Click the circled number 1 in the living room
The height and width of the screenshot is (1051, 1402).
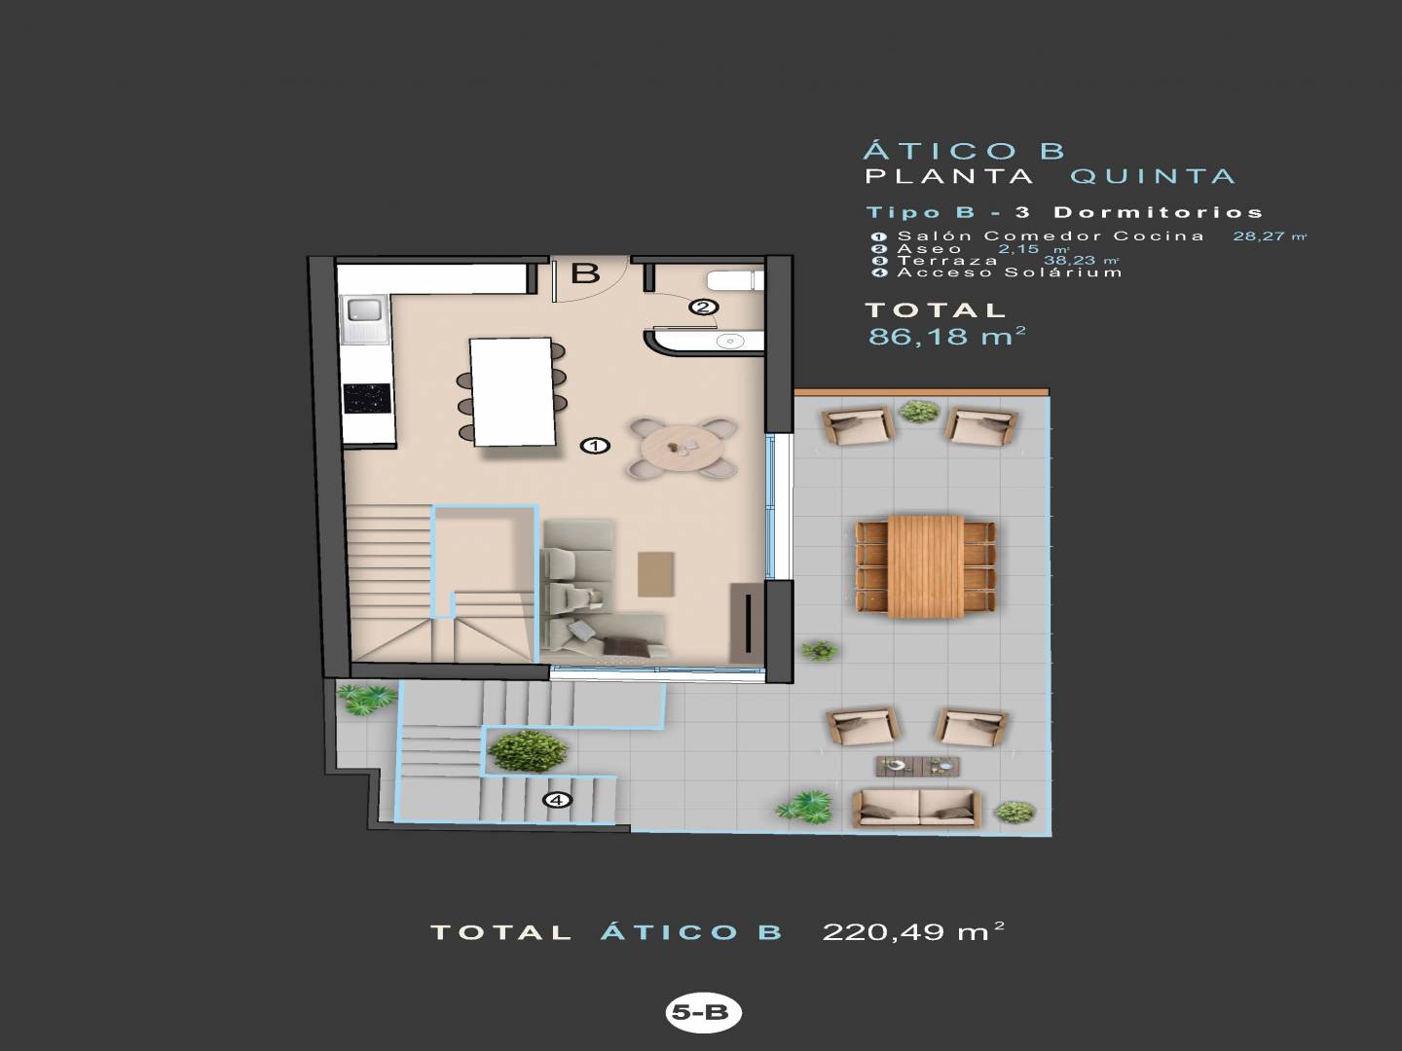point(595,446)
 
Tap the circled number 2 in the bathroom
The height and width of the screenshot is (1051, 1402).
point(703,307)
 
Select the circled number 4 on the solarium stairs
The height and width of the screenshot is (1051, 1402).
point(558,800)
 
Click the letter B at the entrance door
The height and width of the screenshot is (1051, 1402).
point(585,272)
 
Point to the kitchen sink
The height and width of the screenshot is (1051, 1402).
point(364,318)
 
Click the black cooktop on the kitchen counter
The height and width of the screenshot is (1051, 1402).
point(367,399)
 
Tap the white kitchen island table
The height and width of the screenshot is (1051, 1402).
point(512,391)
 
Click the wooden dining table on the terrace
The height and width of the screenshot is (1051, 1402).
point(926,566)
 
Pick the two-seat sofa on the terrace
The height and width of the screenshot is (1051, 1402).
point(916,810)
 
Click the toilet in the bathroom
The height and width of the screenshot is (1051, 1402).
point(734,281)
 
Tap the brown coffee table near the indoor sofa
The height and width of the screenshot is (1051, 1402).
point(656,574)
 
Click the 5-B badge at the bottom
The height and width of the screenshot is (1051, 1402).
point(703,1012)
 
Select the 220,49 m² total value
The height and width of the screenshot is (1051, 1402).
point(913,931)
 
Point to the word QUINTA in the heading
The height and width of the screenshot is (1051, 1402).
point(1153,176)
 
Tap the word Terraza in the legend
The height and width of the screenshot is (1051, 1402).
point(947,261)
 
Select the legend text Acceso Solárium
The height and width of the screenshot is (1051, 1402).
point(1010,272)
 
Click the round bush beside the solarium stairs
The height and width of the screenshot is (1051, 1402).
point(528,751)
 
